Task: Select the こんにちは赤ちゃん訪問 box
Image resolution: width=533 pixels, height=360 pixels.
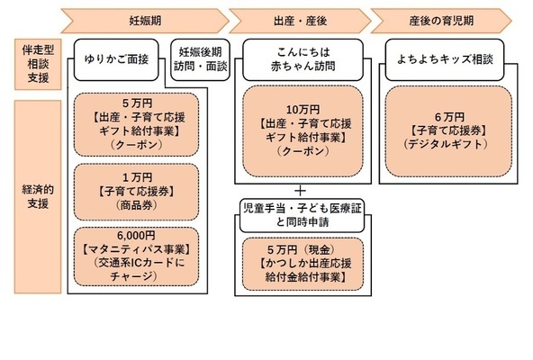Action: [300, 59]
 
